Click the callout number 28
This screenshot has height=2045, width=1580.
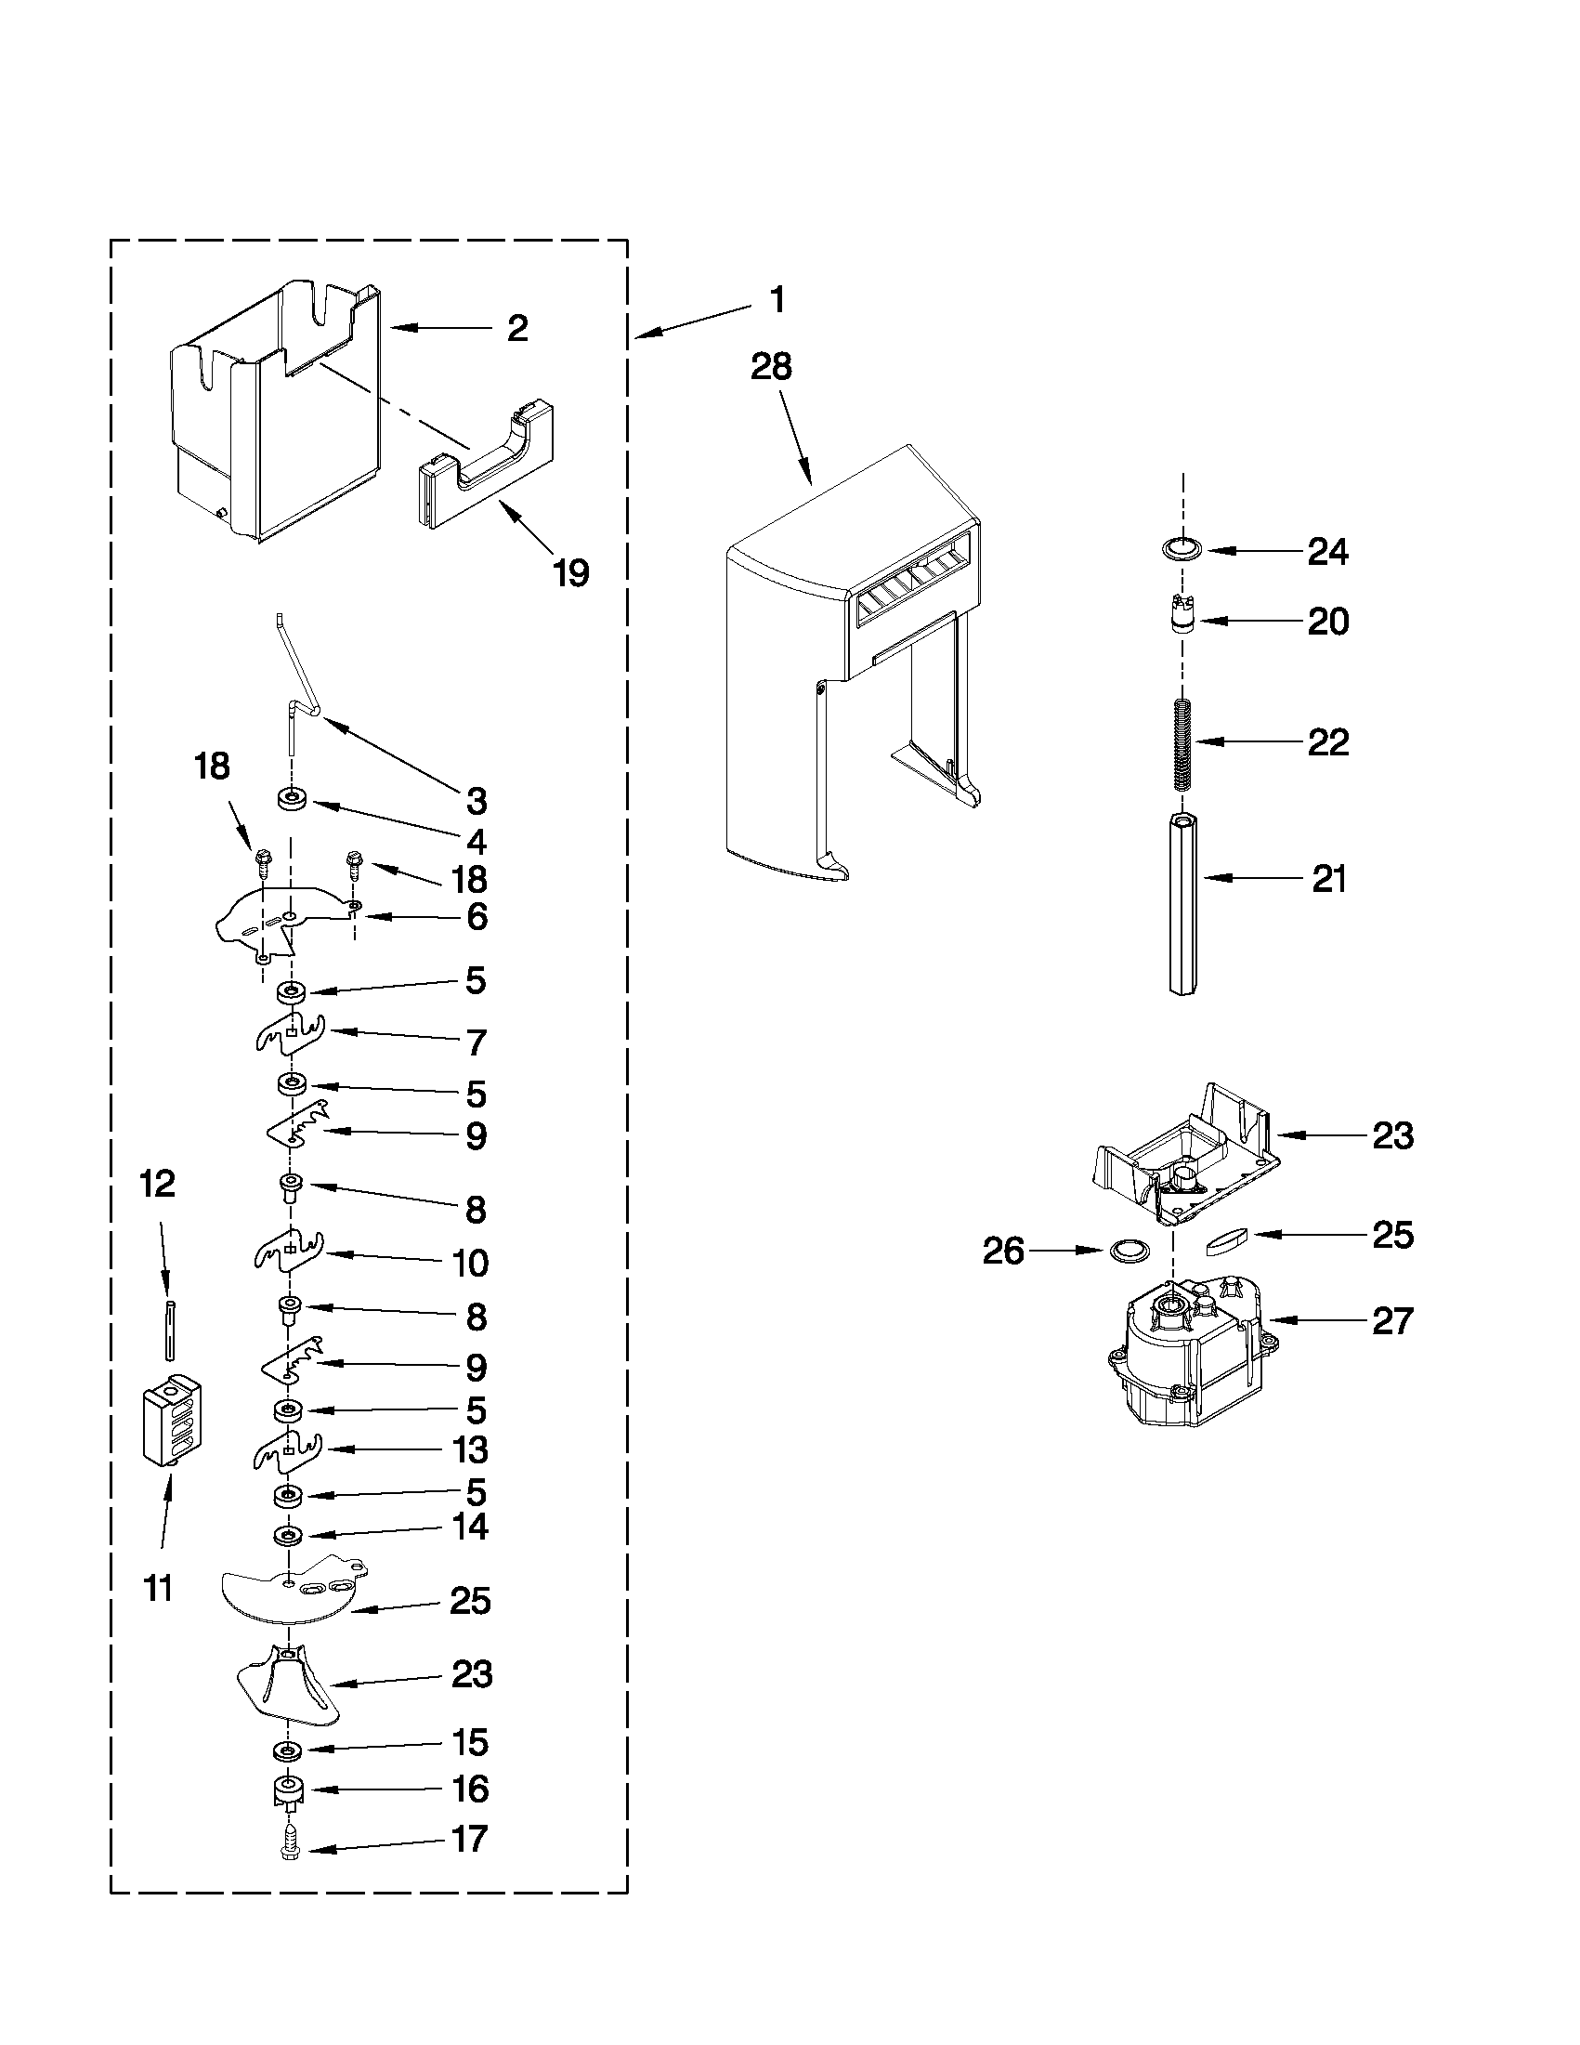coord(771,367)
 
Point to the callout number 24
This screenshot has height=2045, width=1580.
coord(1327,553)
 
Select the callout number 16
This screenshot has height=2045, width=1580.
coord(470,1789)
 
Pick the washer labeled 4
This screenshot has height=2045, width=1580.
coord(293,800)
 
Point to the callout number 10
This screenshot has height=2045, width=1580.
coord(470,1264)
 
